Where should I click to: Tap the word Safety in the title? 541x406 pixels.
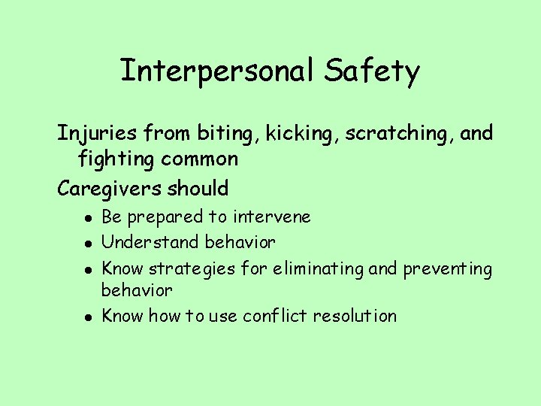coord(372,72)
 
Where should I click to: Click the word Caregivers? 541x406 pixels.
coord(103,188)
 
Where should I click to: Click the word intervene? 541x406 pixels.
coord(271,217)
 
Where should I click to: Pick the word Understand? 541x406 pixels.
coord(141,243)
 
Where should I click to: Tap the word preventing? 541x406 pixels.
coord(448,268)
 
